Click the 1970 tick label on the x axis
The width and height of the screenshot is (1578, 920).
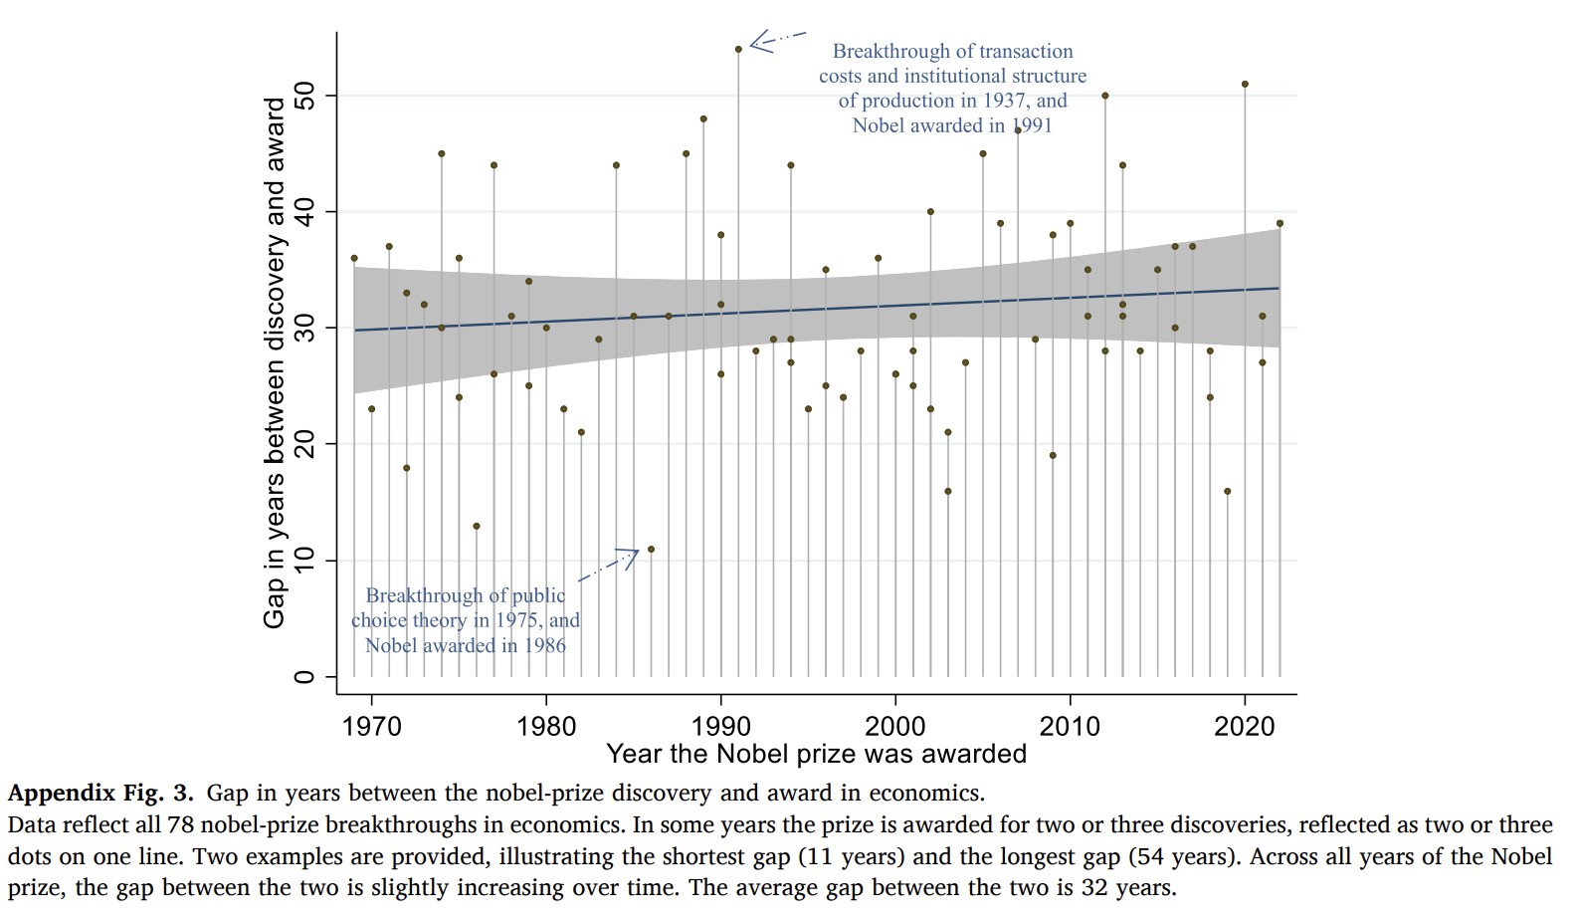click(371, 726)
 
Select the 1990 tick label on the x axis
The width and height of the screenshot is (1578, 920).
click(720, 726)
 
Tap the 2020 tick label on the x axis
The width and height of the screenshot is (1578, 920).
click(1245, 726)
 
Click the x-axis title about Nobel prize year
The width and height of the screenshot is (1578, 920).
click(816, 754)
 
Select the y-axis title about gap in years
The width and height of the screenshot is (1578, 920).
click(275, 363)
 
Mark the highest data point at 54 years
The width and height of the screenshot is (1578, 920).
click(738, 49)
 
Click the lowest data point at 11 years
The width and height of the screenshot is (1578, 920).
click(651, 549)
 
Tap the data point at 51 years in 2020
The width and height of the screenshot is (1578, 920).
click(1245, 85)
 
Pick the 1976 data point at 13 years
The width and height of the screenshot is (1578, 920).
click(477, 526)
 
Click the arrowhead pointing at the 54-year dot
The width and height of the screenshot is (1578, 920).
click(756, 42)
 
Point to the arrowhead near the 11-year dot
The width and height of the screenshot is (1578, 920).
click(631, 556)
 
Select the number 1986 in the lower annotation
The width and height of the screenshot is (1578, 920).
click(544, 645)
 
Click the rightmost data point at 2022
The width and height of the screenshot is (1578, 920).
click(1280, 223)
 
